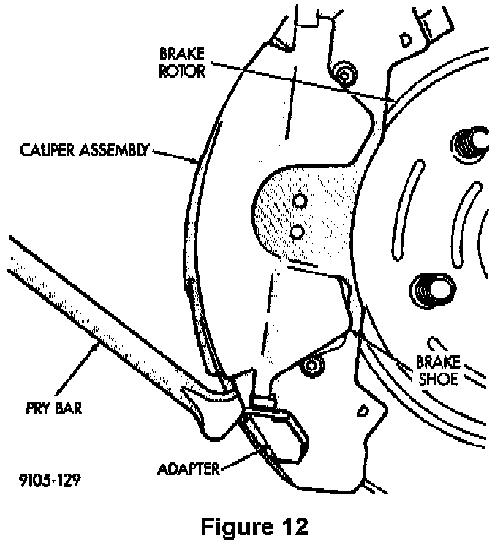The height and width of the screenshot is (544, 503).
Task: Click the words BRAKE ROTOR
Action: (182, 62)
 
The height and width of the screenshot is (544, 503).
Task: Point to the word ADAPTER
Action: (188, 469)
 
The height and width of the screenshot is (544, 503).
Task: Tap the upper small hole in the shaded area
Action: (299, 200)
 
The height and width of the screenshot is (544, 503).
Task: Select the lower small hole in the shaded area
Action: (297, 231)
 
